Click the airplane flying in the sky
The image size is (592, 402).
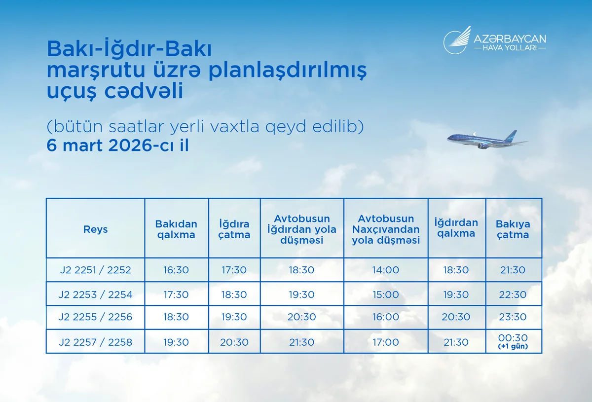[485, 140]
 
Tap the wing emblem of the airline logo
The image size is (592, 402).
[456, 39]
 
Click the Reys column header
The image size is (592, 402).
[95, 229]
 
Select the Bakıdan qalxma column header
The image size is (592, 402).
[176, 229]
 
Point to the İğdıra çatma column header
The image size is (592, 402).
[234, 229]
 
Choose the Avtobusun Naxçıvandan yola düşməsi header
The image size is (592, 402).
[386, 229]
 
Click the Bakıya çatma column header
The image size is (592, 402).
[513, 229]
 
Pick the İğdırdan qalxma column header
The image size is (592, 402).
[456, 228]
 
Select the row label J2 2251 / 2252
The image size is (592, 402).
[95, 270]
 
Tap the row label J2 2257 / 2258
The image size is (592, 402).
[95, 342]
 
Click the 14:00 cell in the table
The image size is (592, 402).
[386, 270]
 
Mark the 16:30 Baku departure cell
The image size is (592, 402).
[176, 270]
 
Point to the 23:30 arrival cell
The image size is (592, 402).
[513, 317]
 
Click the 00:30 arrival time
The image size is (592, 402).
[513, 338]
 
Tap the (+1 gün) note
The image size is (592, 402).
[513, 347]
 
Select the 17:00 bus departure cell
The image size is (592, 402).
[386, 342]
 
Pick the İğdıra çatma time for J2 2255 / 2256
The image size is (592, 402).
[234, 317]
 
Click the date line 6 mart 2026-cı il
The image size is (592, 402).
[117, 146]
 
